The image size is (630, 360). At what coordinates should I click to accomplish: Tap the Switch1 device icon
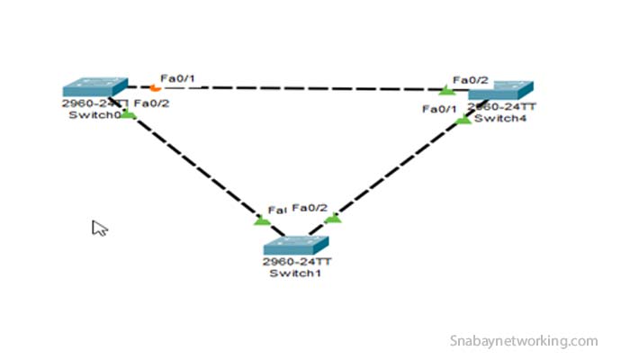(295, 245)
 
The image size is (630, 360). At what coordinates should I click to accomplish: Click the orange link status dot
(156, 88)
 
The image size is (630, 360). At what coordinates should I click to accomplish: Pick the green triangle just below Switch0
(129, 114)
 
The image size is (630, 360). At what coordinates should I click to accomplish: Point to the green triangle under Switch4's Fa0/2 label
(445, 91)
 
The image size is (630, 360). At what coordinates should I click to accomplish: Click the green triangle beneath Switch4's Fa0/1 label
(463, 120)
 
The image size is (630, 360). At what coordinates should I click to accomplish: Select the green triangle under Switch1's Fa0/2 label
(333, 218)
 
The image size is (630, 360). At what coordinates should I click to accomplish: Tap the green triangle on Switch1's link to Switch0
(262, 220)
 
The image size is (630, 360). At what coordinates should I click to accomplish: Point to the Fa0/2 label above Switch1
(310, 208)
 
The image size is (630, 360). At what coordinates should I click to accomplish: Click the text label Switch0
(87, 115)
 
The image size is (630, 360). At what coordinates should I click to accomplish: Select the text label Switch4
(494, 118)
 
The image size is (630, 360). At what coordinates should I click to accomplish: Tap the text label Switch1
(294, 274)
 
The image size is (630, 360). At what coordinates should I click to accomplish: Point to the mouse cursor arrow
(99, 228)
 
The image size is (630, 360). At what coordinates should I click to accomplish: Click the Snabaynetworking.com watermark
(523, 341)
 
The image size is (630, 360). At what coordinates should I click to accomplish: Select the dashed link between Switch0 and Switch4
(297, 88)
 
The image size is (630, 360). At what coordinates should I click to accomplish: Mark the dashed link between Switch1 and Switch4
(396, 171)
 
